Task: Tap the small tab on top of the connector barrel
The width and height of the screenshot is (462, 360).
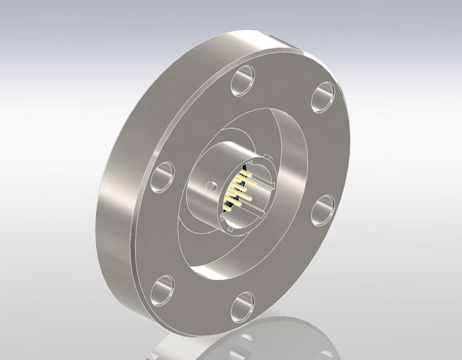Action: pos(266,159)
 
